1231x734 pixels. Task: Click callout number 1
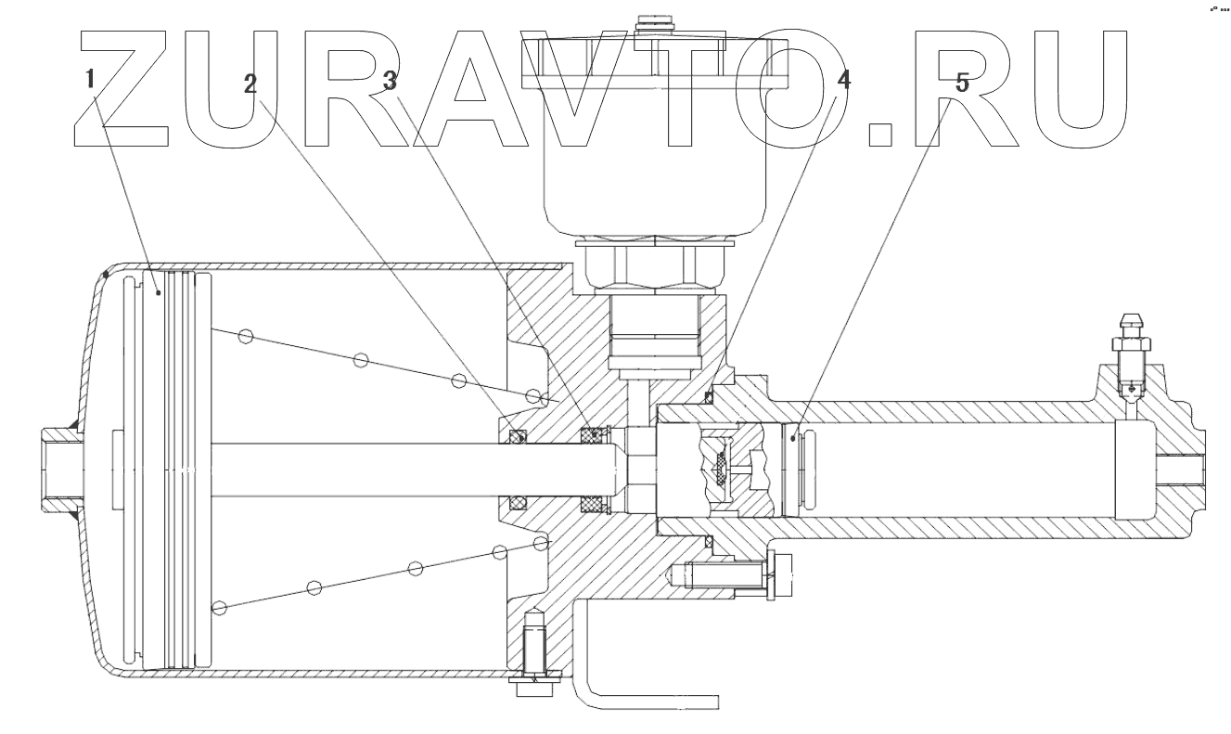coord(91,80)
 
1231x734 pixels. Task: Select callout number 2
coord(250,84)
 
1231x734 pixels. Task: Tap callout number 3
coord(391,81)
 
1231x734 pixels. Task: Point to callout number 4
coord(842,81)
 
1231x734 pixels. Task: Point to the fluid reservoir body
coord(655,176)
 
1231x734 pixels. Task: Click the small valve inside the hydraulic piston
coord(721,469)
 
